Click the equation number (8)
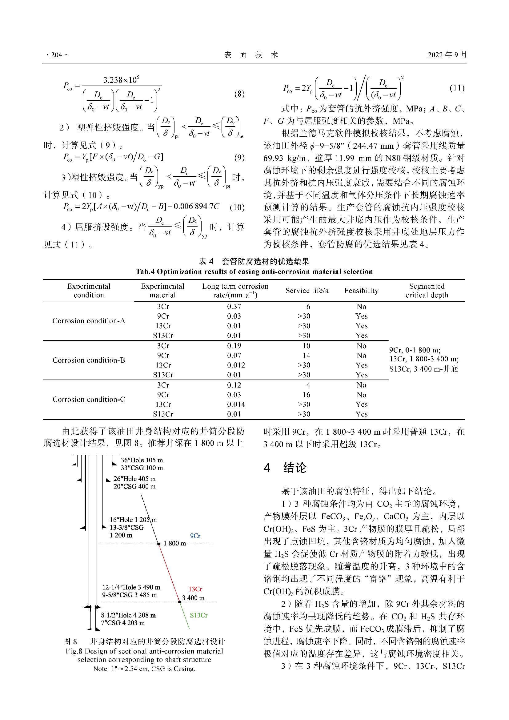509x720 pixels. tap(239, 94)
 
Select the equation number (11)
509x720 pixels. tap(457, 88)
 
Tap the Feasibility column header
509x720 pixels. tap(361, 291)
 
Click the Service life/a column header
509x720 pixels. tap(307, 291)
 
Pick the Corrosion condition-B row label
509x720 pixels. tap(89, 360)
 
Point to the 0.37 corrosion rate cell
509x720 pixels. tap(234, 306)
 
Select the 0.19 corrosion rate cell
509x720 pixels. tap(234, 346)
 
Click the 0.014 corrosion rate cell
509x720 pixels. tap(236, 404)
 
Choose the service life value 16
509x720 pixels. tap(306, 395)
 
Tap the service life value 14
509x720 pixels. tap(306, 355)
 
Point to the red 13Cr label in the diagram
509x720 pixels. tap(195, 589)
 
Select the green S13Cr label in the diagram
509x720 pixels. tap(199, 615)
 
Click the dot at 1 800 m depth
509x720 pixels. tap(159, 544)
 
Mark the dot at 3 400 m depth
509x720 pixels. tap(180, 601)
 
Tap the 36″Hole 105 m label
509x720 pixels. tap(142, 460)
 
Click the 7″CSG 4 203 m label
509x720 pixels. tap(123, 623)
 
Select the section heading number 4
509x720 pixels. tap(267, 468)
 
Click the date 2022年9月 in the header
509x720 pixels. tap(447, 55)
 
